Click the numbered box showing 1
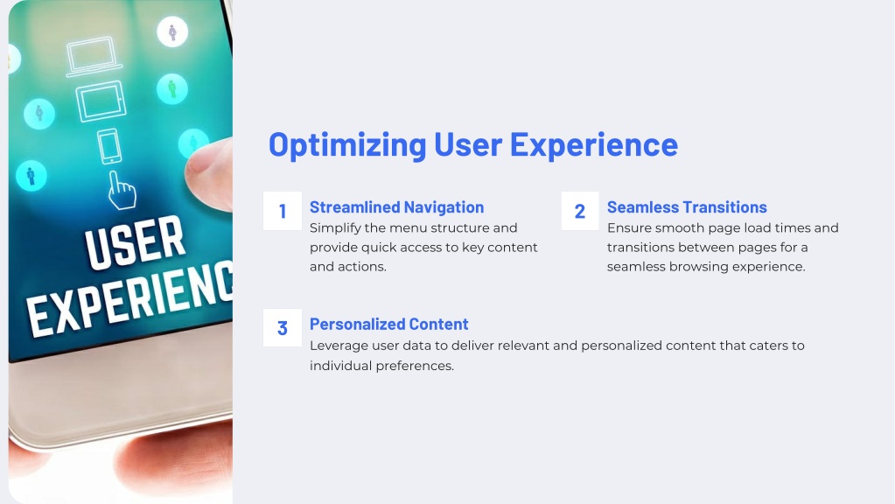click(x=283, y=211)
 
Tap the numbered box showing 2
click(x=580, y=211)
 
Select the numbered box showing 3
click(x=283, y=327)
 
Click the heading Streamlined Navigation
click(x=396, y=207)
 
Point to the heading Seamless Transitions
click(x=687, y=207)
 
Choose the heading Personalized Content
click(x=388, y=325)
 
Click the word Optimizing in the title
click(x=347, y=145)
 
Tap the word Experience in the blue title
click(x=594, y=145)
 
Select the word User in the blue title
click(x=468, y=143)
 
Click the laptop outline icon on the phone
click(x=94, y=57)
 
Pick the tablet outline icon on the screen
click(x=101, y=101)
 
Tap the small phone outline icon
click(x=109, y=146)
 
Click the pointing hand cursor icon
click(x=122, y=190)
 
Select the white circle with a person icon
click(x=172, y=32)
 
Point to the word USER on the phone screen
click(x=136, y=242)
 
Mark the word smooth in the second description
click(x=678, y=228)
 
